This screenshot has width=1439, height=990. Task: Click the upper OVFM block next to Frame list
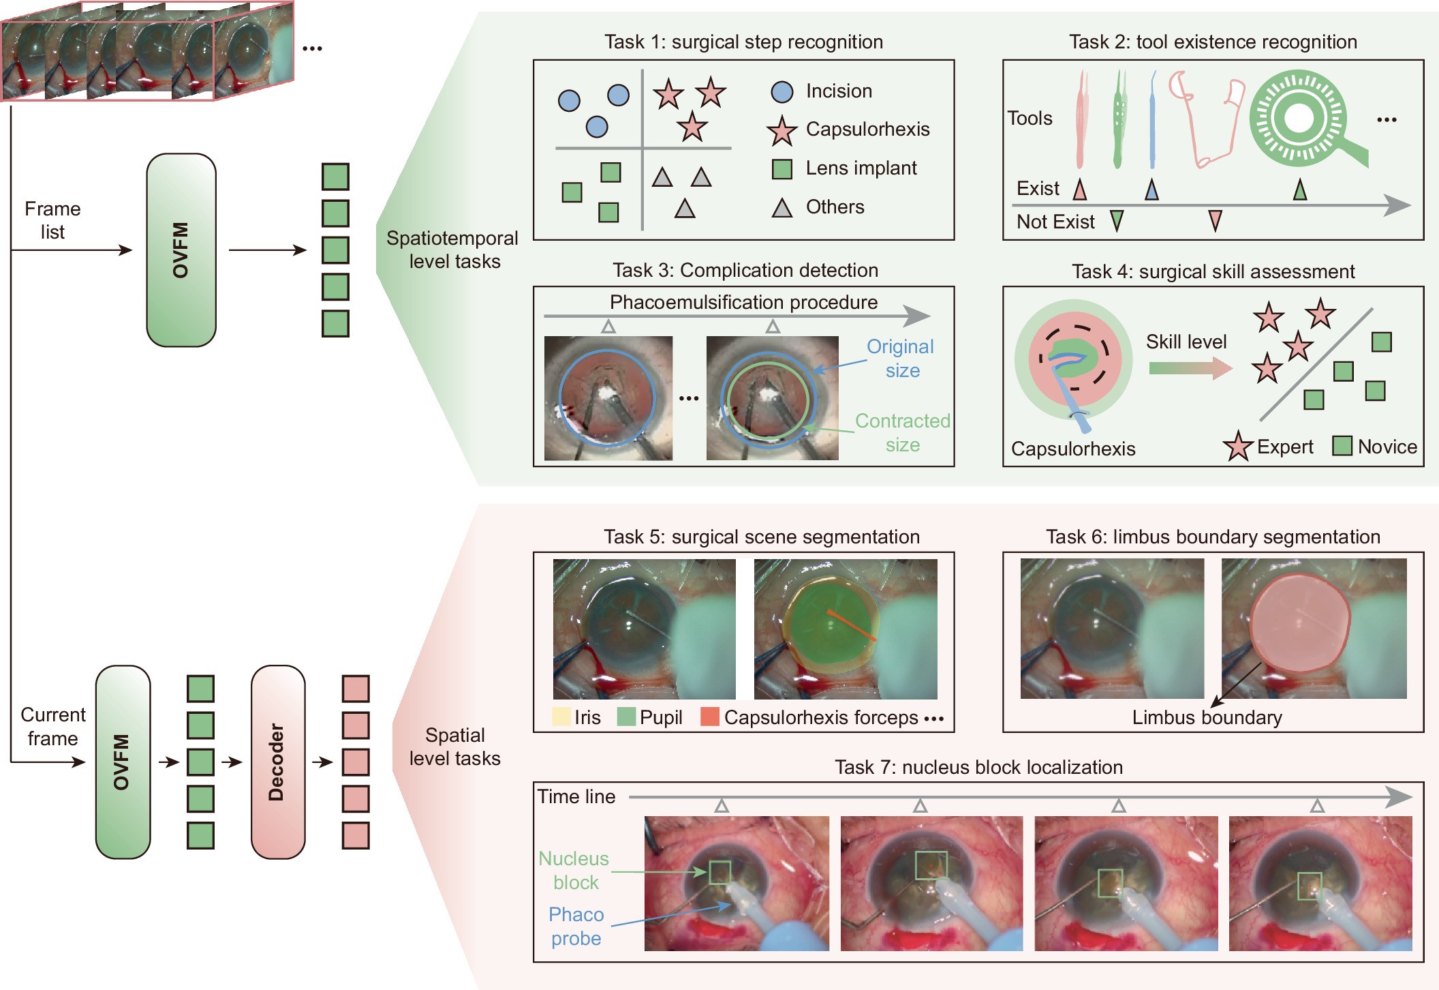pos(181,250)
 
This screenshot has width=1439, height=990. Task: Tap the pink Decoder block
pos(277,762)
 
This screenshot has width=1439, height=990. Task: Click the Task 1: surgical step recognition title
pos(743,42)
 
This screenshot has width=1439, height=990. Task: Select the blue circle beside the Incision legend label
pos(782,92)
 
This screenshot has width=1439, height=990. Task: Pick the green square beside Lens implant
pos(782,169)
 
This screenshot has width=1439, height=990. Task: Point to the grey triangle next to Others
pos(782,208)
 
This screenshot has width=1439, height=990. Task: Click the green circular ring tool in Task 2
pos(1299,119)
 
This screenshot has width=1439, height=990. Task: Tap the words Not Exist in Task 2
pos(1055,222)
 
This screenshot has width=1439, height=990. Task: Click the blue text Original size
pos(901,359)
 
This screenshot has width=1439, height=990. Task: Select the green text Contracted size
pos(902,433)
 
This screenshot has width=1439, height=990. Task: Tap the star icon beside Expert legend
pos(1238,447)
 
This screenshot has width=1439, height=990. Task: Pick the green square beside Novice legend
pos(1342,446)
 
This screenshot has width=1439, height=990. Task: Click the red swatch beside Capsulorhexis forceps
pos(710,717)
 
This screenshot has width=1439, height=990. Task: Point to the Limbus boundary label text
pos(1207,717)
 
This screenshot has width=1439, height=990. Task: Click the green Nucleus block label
pos(574,870)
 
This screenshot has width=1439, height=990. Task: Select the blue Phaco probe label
pos(576,926)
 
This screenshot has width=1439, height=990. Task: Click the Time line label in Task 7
pos(576,796)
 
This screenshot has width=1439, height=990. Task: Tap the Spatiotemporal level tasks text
pos(453,250)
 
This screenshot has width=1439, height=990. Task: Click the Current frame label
pos(53,726)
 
